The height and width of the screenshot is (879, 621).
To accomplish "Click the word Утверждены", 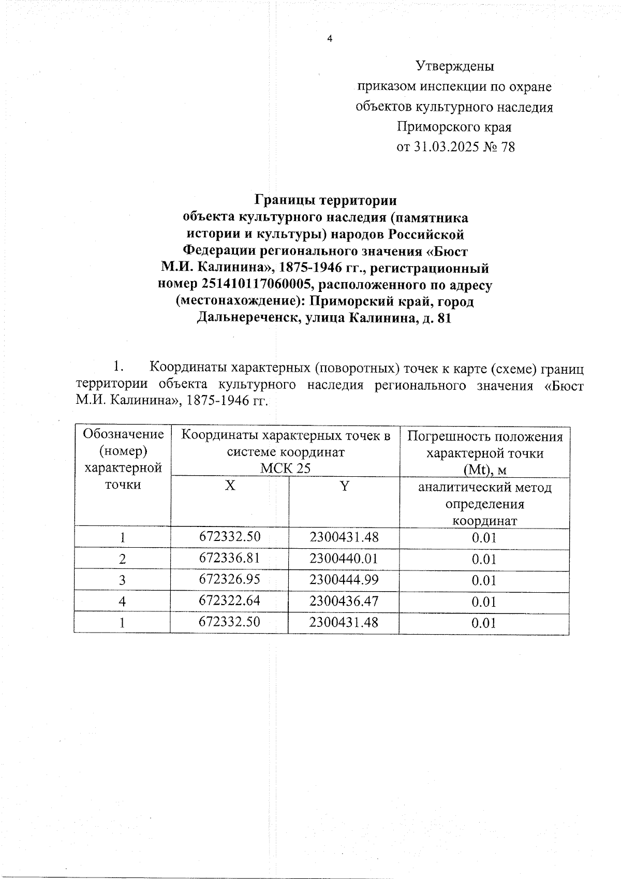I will pos(455,66).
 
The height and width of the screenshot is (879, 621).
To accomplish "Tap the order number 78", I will pos(508,147).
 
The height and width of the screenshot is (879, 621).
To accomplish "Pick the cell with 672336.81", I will pos(229,558).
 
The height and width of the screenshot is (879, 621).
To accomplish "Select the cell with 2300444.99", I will pos(344,579).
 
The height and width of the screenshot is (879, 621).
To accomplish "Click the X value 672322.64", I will pos(229,600).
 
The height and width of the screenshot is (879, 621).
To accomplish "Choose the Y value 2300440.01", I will pos(344,558).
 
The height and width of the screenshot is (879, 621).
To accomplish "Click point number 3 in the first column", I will pos(122,580).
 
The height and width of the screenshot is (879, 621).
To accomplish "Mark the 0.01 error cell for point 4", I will pos(484,601).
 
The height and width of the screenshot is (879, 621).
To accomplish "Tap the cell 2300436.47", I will pos(344,600).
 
